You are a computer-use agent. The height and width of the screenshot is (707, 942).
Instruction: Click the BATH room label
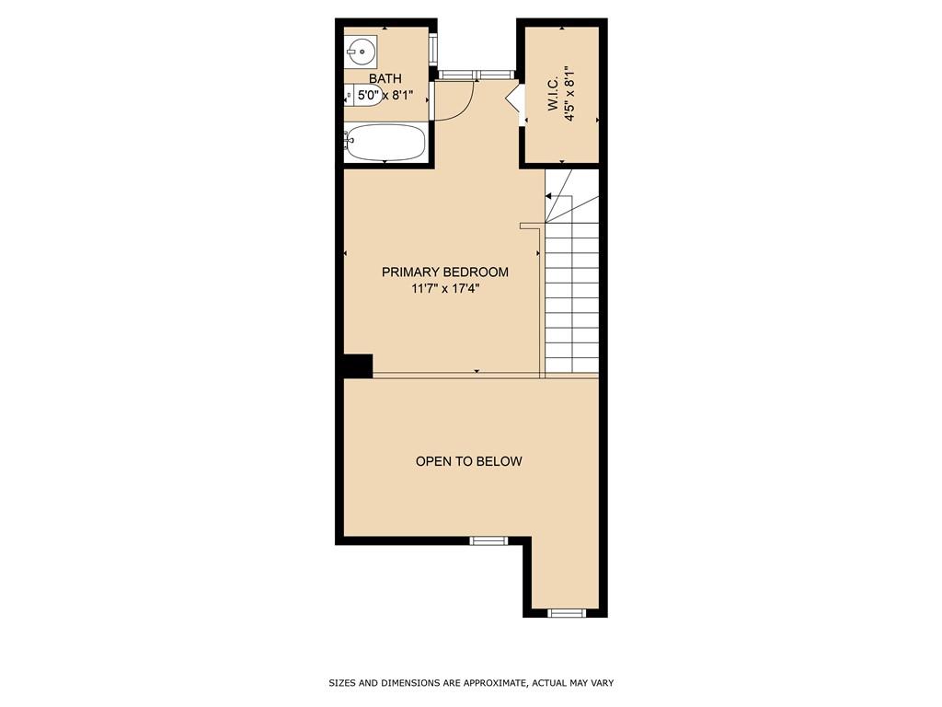pos(385,79)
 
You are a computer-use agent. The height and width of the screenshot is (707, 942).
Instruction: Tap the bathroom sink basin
pos(360,50)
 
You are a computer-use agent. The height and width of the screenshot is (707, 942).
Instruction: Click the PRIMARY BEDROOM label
pos(445,272)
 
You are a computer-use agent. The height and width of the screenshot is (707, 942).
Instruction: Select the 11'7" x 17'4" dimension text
pos(445,288)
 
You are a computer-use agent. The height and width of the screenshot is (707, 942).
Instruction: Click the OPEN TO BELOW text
pos(468,461)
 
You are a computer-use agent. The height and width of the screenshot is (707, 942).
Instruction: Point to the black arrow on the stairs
pos(550,196)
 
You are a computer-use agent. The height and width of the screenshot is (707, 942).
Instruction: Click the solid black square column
pos(358,365)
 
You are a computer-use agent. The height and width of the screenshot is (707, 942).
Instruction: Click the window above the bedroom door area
pos(475,74)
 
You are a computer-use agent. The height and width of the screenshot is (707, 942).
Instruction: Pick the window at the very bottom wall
pos(566,612)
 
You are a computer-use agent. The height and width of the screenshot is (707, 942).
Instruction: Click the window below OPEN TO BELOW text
pos(488,540)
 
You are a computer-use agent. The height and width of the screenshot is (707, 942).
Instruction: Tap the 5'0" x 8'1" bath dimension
pos(385,95)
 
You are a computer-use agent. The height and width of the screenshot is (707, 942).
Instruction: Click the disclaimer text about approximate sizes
pos(471,683)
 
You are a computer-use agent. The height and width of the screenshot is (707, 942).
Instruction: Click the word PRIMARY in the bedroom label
pos(411,272)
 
